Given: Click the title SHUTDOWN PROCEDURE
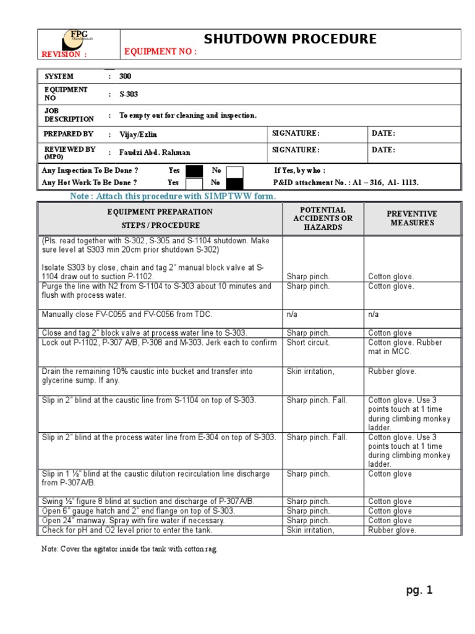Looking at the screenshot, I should [290, 39].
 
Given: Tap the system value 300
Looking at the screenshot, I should [125, 76].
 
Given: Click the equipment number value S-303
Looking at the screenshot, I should [129, 94].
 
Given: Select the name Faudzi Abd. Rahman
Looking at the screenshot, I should [155, 152].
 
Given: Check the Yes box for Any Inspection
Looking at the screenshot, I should [194, 171].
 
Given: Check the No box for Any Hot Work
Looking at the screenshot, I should [234, 183].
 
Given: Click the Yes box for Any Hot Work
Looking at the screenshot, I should [194, 183].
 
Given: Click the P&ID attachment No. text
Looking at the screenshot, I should [346, 183].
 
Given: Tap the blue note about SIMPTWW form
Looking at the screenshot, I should [173, 196].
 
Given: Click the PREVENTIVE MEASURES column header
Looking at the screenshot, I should [411, 218].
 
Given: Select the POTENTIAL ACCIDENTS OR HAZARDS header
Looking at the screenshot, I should [323, 219].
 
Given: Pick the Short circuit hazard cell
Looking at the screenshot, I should [308, 342].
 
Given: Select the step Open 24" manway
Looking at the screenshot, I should [133, 521].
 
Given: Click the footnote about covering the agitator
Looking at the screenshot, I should [129, 549].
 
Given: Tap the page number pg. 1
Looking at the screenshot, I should [419, 590].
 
